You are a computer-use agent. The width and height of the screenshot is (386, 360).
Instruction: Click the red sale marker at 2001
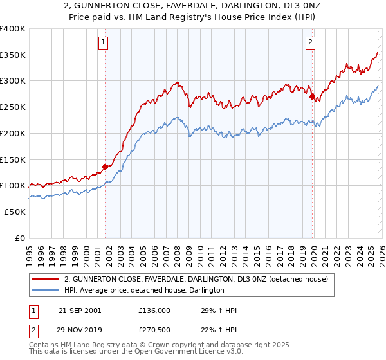tap(106, 166)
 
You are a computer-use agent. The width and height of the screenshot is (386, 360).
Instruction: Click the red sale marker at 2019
tap(313, 97)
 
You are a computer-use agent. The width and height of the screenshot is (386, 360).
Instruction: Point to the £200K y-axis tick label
tap(13, 133)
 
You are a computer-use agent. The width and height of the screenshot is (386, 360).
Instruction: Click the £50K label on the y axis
tap(15, 212)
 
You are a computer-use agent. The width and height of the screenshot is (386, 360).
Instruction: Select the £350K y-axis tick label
tap(13, 55)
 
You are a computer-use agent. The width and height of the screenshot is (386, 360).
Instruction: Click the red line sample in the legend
tap(46, 279)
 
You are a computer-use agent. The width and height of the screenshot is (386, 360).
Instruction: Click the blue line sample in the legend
tap(46, 291)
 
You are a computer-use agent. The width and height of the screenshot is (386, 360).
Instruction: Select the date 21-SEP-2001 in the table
tap(79, 310)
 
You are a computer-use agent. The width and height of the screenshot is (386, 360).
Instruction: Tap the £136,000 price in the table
tap(154, 310)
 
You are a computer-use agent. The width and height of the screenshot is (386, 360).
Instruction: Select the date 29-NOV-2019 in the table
tap(79, 330)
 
